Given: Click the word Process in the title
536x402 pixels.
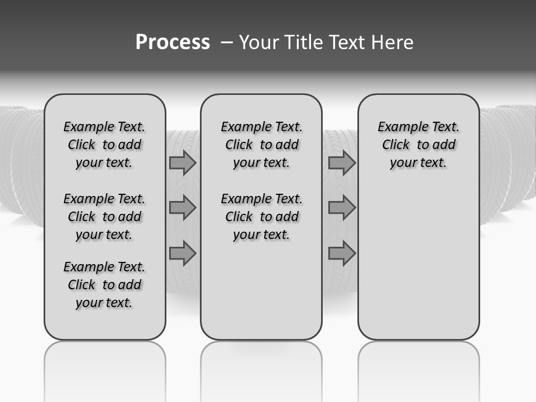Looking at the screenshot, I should pyautogui.click(x=173, y=42).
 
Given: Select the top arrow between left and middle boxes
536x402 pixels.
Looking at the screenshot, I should pyautogui.click(x=183, y=163).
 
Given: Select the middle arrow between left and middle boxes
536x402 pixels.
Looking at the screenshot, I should pyautogui.click(x=183, y=208).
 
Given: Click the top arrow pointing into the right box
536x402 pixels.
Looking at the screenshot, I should pyautogui.click(x=342, y=163).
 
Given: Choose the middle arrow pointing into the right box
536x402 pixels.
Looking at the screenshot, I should pyautogui.click(x=342, y=208).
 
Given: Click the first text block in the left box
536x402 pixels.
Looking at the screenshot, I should pyautogui.click(x=104, y=145).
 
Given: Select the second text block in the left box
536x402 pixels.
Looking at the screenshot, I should pyautogui.click(x=104, y=217).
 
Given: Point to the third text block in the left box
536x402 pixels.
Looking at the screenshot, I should pyautogui.click(x=104, y=285).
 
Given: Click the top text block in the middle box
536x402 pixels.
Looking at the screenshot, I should pyautogui.click(x=261, y=145).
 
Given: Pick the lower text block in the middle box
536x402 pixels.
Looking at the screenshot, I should pyautogui.click(x=261, y=217).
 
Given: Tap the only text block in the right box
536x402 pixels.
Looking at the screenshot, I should pyautogui.click(x=418, y=145).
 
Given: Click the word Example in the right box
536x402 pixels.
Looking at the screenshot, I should pyautogui.click(x=398, y=127).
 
